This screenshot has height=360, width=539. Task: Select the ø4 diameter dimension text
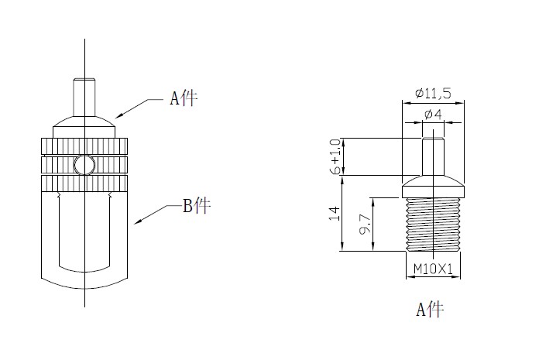(434, 115)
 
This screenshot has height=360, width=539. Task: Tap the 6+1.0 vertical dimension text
(335, 157)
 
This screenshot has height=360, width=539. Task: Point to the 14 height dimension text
(335, 213)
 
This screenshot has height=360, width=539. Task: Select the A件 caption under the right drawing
(430, 310)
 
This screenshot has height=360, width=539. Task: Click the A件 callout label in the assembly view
(184, 99)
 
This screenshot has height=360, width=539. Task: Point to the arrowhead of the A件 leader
(118, 117)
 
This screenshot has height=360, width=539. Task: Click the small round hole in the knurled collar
(84, 164)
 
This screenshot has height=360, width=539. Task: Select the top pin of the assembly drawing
(84, 93)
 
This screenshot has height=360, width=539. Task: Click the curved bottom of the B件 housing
(84, 278)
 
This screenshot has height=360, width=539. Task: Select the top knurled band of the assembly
(84, 146)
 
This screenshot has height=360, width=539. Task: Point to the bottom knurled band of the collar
(84, 183)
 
